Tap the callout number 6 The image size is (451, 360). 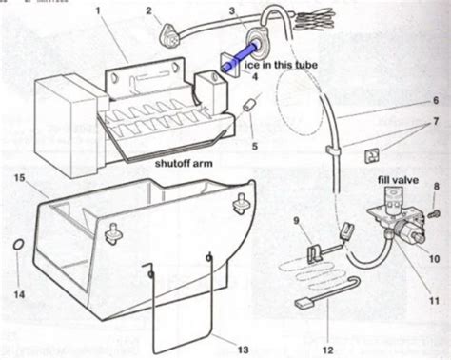click(437, 100)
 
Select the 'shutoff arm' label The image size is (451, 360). click(187, 163)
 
